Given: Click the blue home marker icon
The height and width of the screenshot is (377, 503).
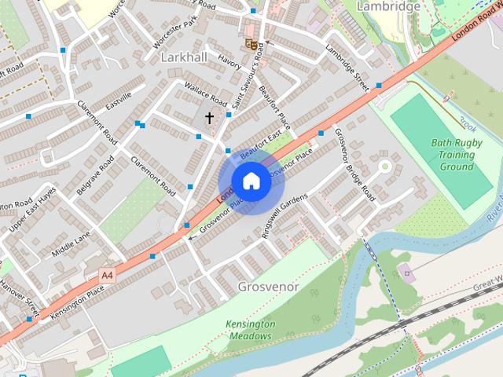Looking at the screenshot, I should click(x=251, y=181).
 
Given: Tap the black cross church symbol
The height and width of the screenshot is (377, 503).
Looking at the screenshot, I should click(x=210, y=118).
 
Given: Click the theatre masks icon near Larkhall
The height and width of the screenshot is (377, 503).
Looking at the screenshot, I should click(x=251, y=44).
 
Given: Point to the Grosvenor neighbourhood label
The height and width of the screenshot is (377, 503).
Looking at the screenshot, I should click(x=268, y=287).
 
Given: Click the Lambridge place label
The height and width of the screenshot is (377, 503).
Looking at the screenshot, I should click(x=387, y=6).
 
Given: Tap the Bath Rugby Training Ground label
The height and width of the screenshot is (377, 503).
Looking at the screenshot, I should click(x=456, y=155).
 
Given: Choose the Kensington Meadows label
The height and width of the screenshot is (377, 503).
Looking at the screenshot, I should click(x=251, y=330).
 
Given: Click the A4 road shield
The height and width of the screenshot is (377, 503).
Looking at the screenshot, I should click(x=107, y=275).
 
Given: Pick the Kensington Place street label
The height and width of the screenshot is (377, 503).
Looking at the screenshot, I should click(x=77, y=301).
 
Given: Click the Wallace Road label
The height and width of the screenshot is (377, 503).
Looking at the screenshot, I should click(x=205, y=95).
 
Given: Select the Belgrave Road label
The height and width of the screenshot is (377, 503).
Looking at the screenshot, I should click(x=95, y=174).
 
